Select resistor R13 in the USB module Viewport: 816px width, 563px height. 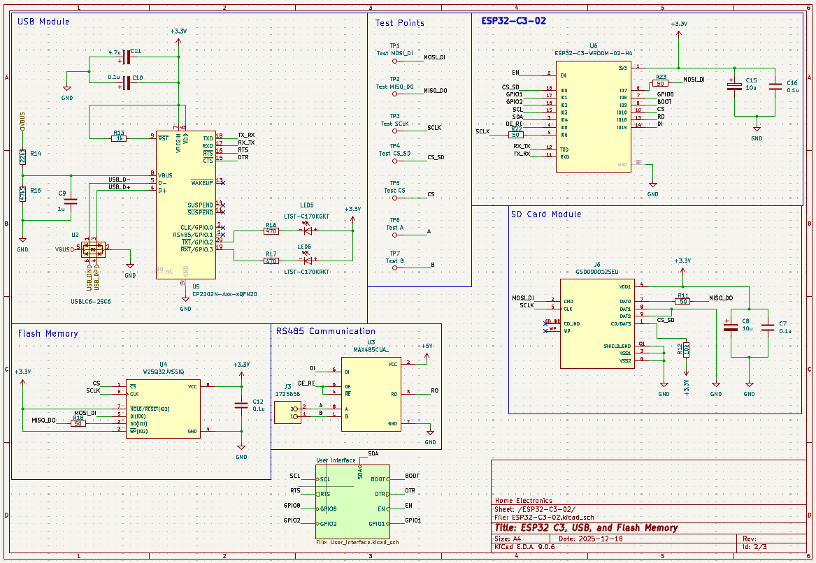pyautogui.click(x=119, y=138)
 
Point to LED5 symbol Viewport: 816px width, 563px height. pyautogui.click(x=305, y=231)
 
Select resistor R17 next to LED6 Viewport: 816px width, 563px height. pyautogui.click(x=271, y=261)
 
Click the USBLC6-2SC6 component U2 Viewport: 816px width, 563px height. pyautogui.click(x=92, y=249)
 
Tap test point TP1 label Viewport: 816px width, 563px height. pyautogui.click(x=395, y=45)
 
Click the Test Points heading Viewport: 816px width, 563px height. pyautogui.click(x=399, y=23)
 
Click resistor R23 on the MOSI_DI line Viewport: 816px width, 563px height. pyautogui.click(x=661, y=83)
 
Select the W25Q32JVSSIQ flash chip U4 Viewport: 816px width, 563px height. pyautogui.click(x=163, y=409)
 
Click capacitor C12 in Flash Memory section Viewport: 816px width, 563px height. pyautogui.click(x=241, y=405)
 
